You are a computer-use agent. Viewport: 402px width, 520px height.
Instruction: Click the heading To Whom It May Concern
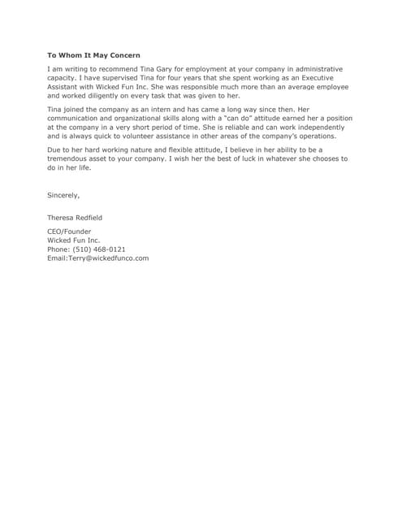[x=93, y=55]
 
